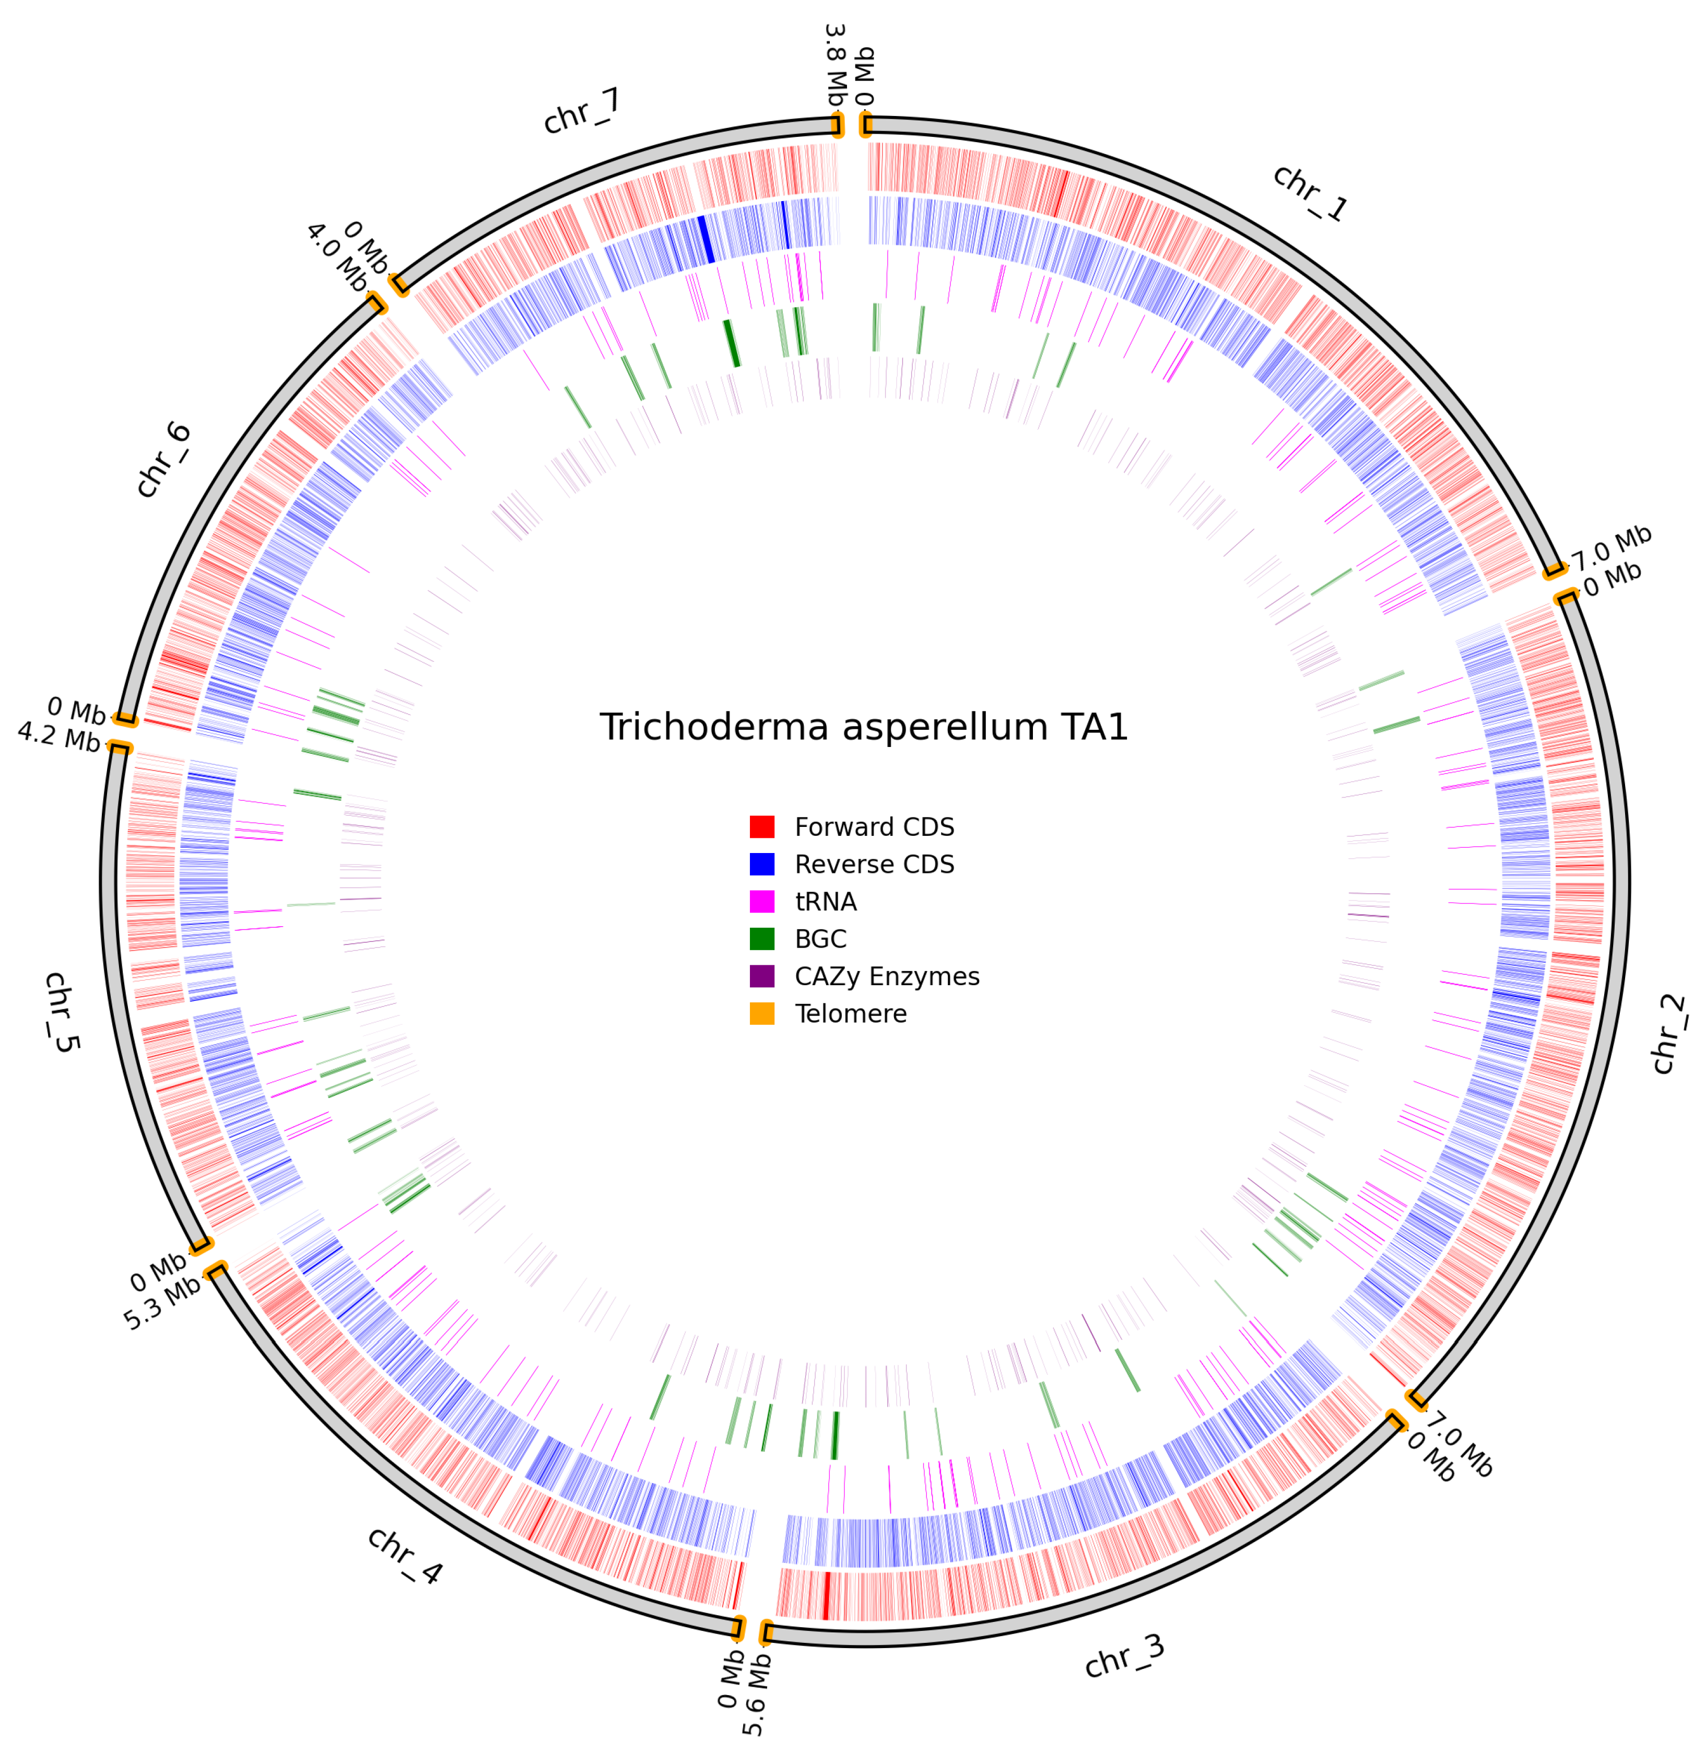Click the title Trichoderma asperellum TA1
(x=863, y=727)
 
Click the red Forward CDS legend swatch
(x=762, y=827)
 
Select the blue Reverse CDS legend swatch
(x=762, y=865)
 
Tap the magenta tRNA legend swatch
(x=762, y=901)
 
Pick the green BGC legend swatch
(x=762, y=939)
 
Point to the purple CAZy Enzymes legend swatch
(x=762, y=976)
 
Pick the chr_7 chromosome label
(x=582, y=112)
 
